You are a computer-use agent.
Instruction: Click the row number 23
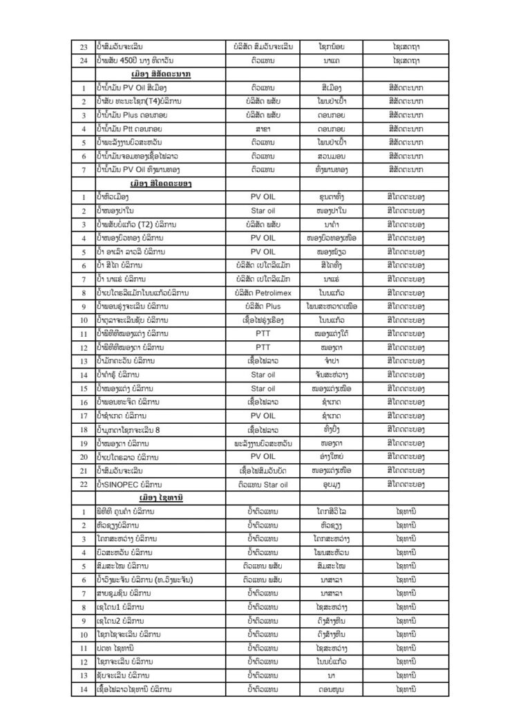84,46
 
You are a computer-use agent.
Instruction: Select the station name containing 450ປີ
135,60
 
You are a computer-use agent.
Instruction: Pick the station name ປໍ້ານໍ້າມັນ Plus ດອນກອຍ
133,115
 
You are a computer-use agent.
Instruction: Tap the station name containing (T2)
136,224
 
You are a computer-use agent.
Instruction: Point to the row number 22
84,484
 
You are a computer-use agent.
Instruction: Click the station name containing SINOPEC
130,484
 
